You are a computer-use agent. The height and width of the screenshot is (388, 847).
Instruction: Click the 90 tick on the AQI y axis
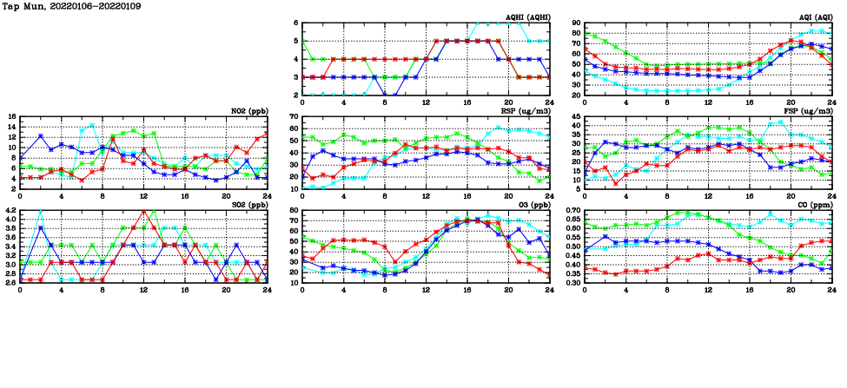coord(575,23)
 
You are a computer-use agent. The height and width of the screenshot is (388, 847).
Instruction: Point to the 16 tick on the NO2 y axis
coord(11,117)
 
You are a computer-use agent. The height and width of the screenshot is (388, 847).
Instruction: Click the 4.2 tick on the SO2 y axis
coord(10,211)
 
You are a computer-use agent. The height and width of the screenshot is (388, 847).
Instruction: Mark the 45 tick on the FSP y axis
coord(575,117)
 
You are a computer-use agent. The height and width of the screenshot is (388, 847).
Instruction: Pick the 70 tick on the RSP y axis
coord(294,117)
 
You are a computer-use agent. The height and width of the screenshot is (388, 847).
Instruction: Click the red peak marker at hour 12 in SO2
coord(143,211)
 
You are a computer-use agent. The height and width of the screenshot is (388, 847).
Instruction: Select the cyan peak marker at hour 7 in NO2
coord(92,125)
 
